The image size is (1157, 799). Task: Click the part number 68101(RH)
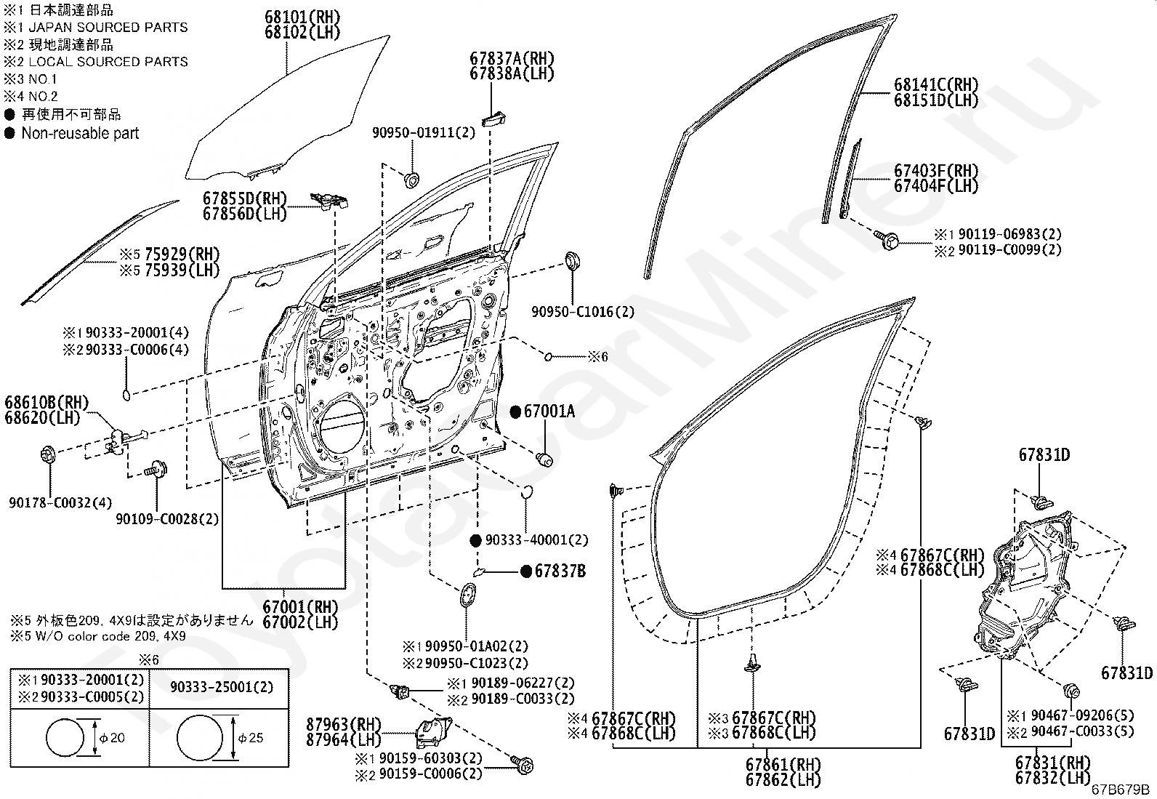point(302,17)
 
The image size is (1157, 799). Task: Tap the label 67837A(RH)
point(512,58)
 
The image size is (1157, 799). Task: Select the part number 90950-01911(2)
point(424,133)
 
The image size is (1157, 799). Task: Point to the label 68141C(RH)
point(936,84)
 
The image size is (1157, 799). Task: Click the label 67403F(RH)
point(936,171)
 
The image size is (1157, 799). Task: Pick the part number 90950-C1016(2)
point(583,312)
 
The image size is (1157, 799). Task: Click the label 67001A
point(549,411)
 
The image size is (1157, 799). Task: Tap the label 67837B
point(560,571)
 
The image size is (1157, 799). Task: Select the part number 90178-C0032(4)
point(60,502)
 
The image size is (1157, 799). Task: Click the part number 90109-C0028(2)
point(167,519)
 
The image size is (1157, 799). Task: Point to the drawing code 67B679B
point(1120,790)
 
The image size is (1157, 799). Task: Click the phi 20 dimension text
point(112,737)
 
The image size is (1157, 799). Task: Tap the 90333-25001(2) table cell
point(222,687)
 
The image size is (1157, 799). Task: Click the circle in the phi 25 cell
point(200,738)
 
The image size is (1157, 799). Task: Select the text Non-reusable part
point(80,133)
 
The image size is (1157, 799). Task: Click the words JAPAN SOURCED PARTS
point(108,28)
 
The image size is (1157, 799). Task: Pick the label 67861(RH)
point(783,764)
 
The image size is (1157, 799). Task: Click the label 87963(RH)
point(344,724)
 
